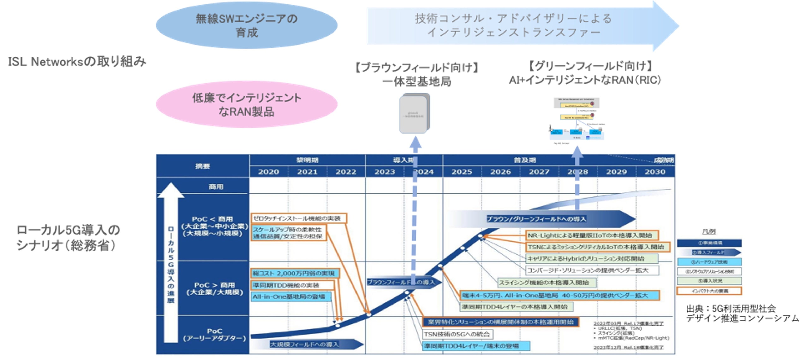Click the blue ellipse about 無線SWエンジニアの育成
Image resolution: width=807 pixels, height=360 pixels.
[x=246, y=25]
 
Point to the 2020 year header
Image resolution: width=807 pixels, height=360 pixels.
[x=268, y=172]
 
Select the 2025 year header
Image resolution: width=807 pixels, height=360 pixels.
[x=461, y=172]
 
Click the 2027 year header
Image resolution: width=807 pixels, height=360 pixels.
[x=539, y=172]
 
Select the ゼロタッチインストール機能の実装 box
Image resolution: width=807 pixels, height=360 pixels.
[x=299, y=218]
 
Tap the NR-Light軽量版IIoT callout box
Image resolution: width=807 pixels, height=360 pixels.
[x=592, y=235]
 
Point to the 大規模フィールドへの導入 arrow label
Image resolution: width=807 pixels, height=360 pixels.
[x=305, y=344]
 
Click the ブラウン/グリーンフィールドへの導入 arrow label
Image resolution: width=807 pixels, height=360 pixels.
[x=536, y=219]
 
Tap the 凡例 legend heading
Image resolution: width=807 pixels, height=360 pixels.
[x=709, y=231]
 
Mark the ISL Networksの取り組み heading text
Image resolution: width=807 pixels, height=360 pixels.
[x=77, y=62]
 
